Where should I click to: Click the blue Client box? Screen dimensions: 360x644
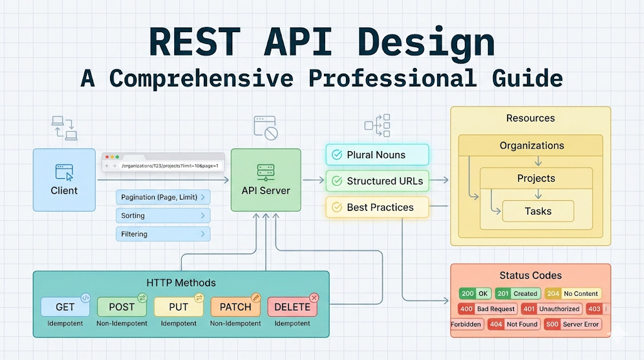64,179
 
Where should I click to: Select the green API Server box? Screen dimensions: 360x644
265,179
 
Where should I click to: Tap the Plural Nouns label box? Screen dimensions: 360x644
377,155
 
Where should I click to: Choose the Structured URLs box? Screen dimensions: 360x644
377,181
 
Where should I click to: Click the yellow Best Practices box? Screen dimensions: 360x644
377,207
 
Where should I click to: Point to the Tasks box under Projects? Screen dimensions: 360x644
538,211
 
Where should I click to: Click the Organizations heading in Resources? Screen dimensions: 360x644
531,145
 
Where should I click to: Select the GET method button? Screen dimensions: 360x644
65,307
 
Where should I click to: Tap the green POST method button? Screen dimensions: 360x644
122,307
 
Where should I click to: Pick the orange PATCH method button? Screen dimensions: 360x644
235,307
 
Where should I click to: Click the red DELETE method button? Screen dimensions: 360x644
292,307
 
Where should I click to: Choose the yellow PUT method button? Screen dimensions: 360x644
179,307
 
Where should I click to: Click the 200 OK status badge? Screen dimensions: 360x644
475,293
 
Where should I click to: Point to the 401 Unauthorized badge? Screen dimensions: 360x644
552,309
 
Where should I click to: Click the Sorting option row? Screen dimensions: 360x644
163,216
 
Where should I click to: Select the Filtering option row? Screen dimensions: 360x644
163,234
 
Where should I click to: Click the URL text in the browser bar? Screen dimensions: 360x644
169,166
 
